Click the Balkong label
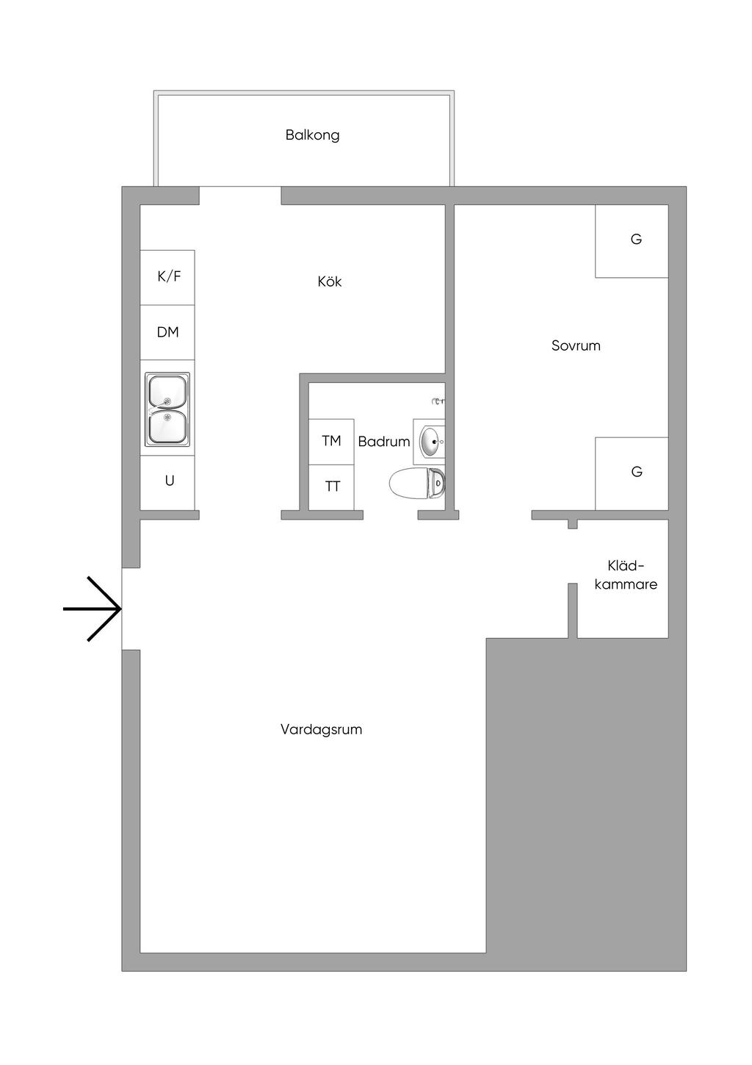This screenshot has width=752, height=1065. pos(312,135)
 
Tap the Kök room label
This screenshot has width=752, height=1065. pos(330,282)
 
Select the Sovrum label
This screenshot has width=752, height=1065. pos(576,345)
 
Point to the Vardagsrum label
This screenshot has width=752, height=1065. pos(321,730)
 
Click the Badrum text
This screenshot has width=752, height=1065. pos(383,442)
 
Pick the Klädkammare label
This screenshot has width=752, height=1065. pos(626,575)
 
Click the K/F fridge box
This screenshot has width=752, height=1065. pos(168,277)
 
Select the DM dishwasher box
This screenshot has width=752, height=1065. pos(168,332)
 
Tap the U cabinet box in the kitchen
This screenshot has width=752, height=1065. pos(169,481)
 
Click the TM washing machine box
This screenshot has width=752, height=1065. pos(331,441)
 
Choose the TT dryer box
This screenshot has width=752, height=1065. pos(332,487)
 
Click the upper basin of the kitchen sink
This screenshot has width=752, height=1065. pos(167,392)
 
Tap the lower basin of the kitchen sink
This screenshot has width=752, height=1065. pos(167,426)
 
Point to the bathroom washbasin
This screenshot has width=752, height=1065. pos(431,442)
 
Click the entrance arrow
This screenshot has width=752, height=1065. pos(93,609)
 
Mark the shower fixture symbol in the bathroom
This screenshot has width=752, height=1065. pos(439,401)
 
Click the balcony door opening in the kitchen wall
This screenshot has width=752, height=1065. pos(240,196)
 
